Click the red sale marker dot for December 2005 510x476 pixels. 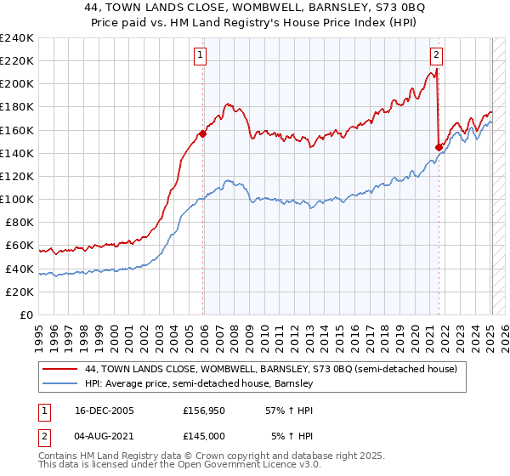(x=203, y=133)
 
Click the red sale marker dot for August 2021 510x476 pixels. (x=439, y=147)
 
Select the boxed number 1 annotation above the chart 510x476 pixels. (x=200, y=56)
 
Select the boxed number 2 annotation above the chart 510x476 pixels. (x=436, y=56)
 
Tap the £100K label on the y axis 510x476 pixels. (x=17, y=199)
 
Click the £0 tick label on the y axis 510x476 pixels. (x=25, y=314)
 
